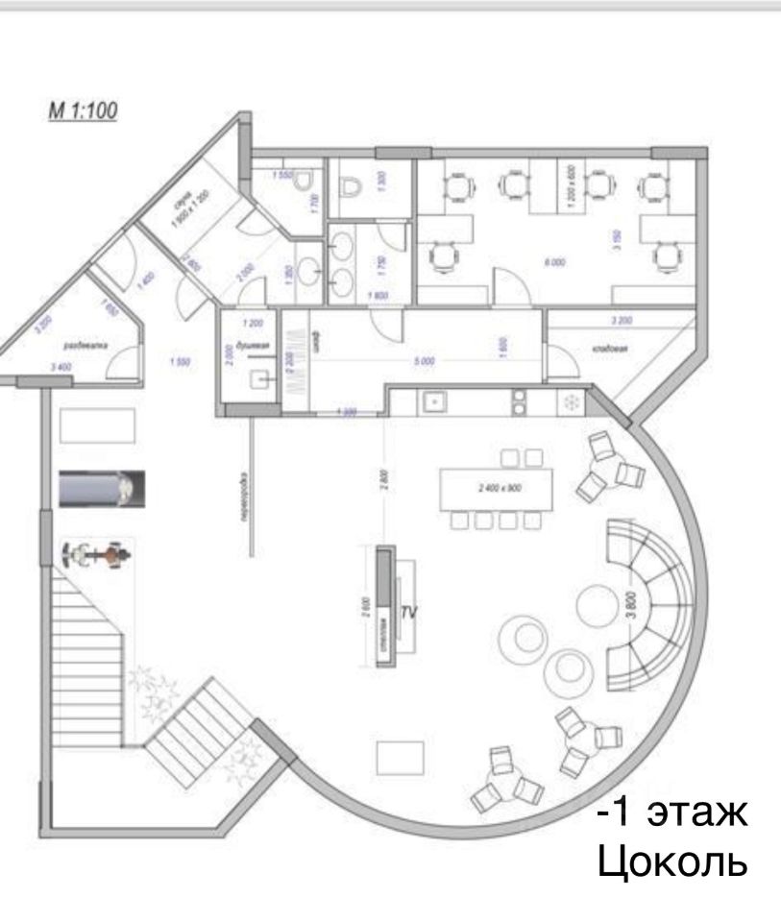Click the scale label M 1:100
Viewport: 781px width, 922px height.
tap(83, 110)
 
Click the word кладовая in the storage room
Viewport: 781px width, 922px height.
tap(610, 350)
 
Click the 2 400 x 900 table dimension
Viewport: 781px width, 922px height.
tap(498, 488)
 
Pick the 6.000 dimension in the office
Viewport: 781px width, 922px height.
tap(553, 262)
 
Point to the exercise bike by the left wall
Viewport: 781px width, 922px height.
tap(96, 554)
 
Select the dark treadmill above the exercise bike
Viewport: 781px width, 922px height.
tap(101, 488)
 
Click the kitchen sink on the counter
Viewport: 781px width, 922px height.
tap(433, 400)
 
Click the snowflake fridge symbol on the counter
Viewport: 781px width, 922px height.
tap(571, 401)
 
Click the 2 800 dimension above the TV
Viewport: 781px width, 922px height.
tap(382, 477)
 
